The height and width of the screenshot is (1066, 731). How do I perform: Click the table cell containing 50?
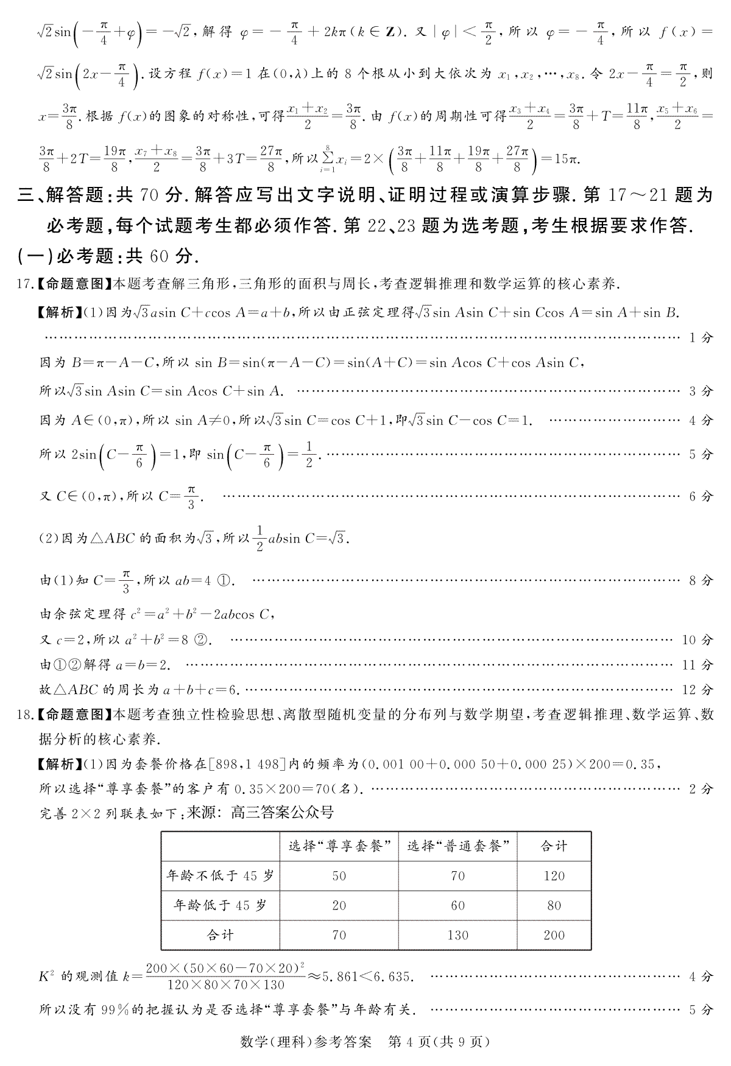[339, 876]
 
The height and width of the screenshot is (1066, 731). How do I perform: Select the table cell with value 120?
[554, 876]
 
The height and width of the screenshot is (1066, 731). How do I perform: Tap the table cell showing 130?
[457, 935]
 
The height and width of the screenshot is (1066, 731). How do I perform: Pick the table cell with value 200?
[554, 935]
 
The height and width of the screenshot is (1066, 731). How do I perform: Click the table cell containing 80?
[554, 905]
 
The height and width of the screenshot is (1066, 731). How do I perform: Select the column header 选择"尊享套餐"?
[339, 846]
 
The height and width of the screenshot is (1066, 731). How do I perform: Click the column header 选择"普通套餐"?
[457, 846]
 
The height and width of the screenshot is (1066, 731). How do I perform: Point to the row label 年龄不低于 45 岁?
[221, 876]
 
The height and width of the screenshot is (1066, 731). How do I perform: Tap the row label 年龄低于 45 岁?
[221, 905]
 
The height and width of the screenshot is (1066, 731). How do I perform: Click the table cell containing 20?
[339, 905]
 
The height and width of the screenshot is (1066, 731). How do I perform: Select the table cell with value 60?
[457, 905]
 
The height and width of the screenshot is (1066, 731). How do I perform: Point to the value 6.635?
[395, 977]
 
